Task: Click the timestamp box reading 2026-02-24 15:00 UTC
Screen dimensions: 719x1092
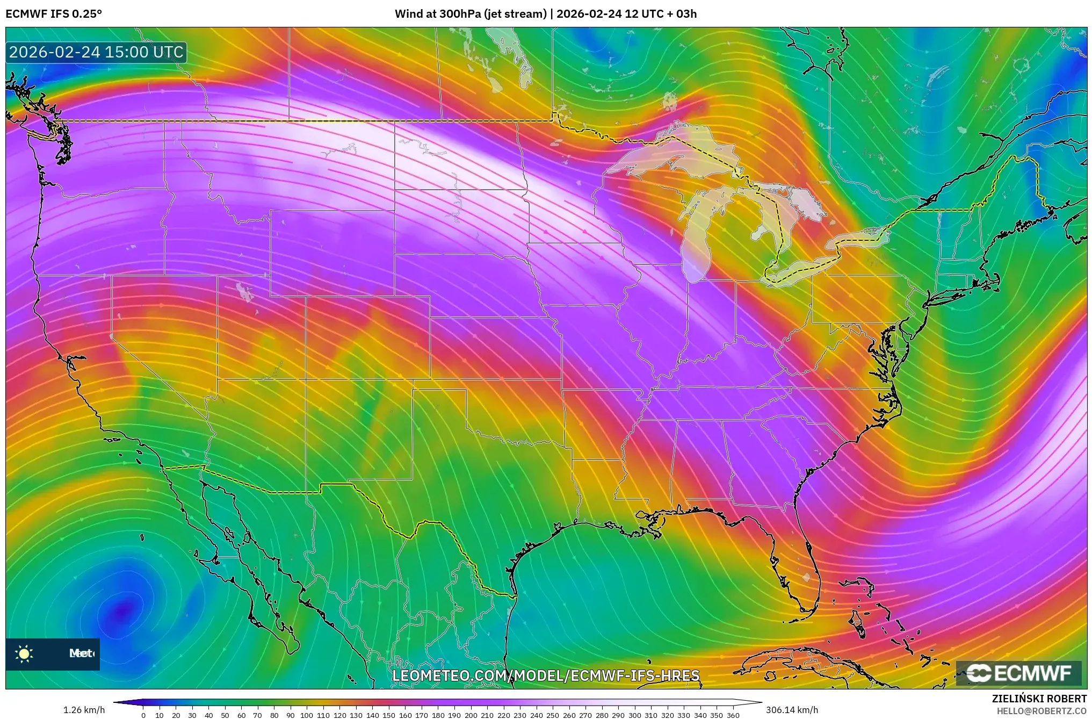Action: pyautogui.click(x=96, y=52)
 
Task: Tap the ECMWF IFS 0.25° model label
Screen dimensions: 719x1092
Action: pyautogui.click(x=54, y=14)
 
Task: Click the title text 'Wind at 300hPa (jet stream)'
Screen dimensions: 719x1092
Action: pyautogui.click(x=471, y=14)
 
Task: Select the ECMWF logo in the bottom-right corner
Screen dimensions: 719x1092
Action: pyautogui.click(x=1019, y=673)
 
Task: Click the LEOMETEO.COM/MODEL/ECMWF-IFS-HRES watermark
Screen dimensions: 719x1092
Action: pyautogui.click(x=546, y=675)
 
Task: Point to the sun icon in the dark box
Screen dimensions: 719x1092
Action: pyautogui.click(x=24, y=653)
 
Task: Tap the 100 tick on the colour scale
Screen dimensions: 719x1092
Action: pyautogui.click(x=306, y=715)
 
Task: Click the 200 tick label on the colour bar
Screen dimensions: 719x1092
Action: pyautogui.click(x=471, y=715)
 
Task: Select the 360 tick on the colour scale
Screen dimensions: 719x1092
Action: pyautogui.click(x=733, y=715)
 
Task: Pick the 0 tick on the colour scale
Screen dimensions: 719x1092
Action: pyautogui.click(x=143, y=715)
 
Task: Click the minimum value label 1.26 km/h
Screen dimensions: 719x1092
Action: pyautogui.click(x=84, y=710)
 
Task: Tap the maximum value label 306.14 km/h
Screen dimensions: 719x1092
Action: pyautogui.click(x=792, y=710)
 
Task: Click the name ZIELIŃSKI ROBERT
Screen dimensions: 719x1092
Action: pyautogui.click(x=1039, y=699)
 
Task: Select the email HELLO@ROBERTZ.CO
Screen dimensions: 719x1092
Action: pyautogui.click(x=1042, y=711)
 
